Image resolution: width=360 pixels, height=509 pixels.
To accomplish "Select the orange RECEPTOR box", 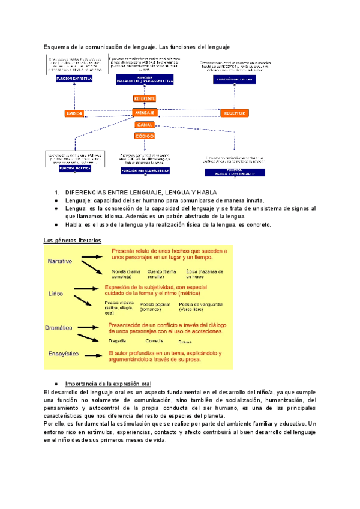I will pos(234,113).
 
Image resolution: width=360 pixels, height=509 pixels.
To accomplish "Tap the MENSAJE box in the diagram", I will pos(145,112).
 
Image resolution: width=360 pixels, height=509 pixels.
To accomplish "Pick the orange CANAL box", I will pos(145,125).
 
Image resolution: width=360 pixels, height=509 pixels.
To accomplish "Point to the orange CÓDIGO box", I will pos(145,136).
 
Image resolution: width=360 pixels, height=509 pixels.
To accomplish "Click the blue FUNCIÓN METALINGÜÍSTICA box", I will pos(146,170).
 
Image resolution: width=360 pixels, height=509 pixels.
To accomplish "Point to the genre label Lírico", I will pos(56,294).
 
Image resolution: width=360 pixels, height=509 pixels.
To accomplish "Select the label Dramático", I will pos(59,328).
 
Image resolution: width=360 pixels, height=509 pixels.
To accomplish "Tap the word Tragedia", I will pos(118,340).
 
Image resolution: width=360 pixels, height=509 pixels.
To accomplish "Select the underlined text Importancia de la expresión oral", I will pos(108,383).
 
